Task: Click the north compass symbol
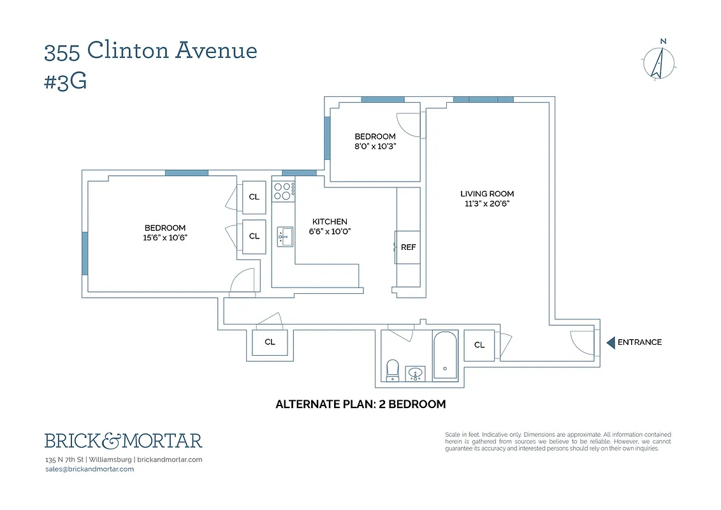(x=659, y=62)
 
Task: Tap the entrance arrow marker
(x=610, y=343)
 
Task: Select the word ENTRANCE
(x=639, y=342)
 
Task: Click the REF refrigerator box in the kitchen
(x=408, y=247)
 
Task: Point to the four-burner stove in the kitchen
(x=284, y=189)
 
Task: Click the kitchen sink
(x=284, y=236)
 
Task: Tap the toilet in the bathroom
(x=393, y=369)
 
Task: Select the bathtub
(x=444, y=355)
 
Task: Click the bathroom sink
(x=416, y=373)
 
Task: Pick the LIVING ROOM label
(x=487, y=194)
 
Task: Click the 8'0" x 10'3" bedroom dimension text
(x=375, y=147)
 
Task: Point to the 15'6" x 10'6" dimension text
(x=165, y=238)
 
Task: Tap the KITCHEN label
(x=330, y=221)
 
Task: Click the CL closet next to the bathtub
(x=479, y=345)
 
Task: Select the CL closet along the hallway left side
(x=270, y=342)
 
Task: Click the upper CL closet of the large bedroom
(x=254, y=197)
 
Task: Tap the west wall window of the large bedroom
(x=85, y=253)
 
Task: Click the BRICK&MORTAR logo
(x=123, y=441)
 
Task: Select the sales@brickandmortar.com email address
(x=89, y=469)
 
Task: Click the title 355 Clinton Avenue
(x=150, y=50)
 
